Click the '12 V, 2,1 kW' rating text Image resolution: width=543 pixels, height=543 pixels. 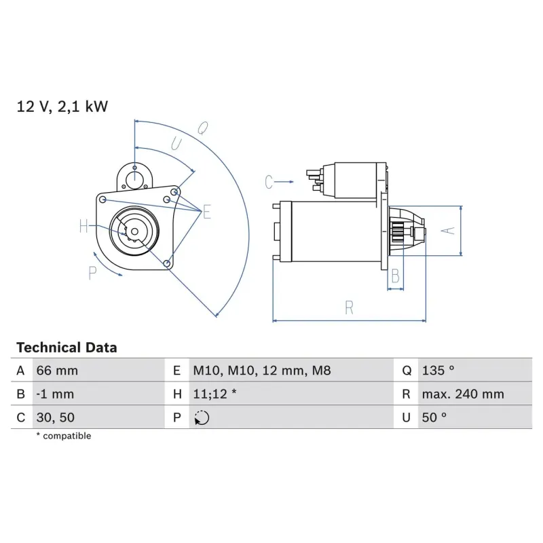pos(62,107)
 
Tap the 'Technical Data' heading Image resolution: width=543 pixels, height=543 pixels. pos(67,348)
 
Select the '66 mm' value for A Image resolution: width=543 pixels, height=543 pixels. pos(57,371)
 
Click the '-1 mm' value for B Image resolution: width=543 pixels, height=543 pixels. pos(55,394)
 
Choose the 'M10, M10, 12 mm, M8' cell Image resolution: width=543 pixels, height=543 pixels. pos(261,371)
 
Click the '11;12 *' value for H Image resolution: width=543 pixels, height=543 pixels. pos(214,394)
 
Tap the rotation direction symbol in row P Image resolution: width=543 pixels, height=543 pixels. pos(202,418)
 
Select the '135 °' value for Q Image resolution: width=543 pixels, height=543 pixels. pos(437,371)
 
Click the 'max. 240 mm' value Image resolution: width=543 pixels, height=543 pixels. pos(462,394)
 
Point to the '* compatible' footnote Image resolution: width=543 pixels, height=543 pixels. pos(63,436)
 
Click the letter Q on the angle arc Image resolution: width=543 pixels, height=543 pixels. pos(202,127)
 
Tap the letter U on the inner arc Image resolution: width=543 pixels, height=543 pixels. pos(176,143)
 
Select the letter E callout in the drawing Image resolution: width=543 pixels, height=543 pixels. pos(206,212)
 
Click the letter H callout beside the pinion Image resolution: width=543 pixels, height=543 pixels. pos(83,227)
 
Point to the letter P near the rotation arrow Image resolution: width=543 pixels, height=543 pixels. pos(93,273)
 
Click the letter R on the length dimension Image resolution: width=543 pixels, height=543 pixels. pos(349,307)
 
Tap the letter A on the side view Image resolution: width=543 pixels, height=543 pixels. pos(447,231)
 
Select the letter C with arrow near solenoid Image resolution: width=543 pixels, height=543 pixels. pos(269,182)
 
